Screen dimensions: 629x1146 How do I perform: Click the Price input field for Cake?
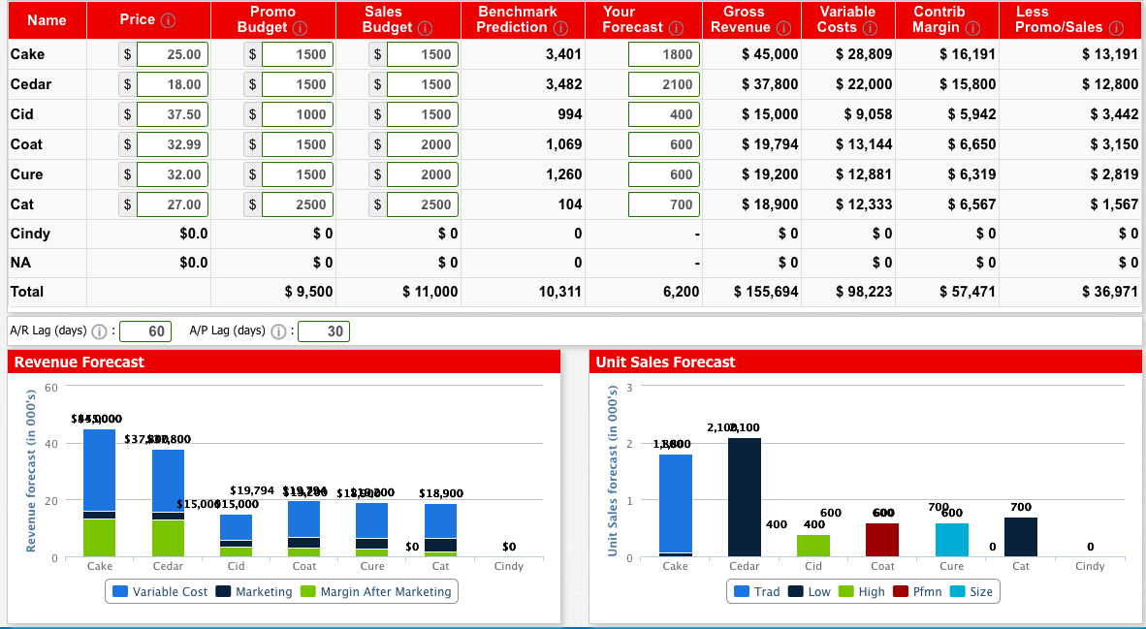pos(173,54)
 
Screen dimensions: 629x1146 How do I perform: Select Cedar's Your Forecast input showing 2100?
pos(663,84)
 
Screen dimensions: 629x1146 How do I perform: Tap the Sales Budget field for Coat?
pos(422,144)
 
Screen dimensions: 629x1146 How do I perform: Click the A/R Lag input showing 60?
pos(146,331)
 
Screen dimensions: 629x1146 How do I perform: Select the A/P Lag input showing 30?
pos(324,331)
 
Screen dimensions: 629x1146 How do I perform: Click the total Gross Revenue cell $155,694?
pos(766,292)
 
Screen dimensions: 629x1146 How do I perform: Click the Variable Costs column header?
pos(847,19)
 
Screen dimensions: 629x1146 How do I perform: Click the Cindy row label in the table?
pos(30,234)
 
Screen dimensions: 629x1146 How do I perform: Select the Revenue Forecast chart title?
pos(77,362)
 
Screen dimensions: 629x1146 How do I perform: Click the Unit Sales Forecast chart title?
pos(665,362)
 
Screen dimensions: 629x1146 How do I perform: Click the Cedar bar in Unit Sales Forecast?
pos(744,496)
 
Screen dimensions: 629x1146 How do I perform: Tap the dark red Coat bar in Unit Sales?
pos(882,539)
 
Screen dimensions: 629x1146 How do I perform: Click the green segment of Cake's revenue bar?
pos(99,537)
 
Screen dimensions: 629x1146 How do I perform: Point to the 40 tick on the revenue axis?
pos(48,443)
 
